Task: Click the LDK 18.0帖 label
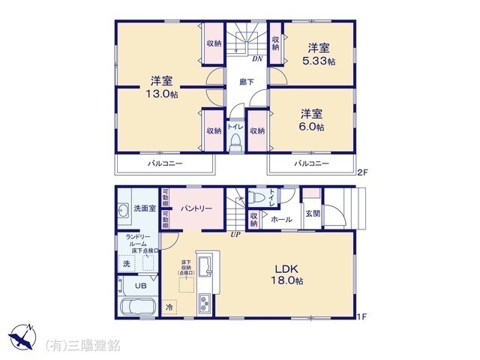coord(288,274)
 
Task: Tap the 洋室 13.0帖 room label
coord(162,88)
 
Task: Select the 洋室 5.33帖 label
coord(319,52)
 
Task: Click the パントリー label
coord(197,208)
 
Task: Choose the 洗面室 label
coord(144,207)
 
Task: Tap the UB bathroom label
coord(140,285)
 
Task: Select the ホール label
coord(281,220)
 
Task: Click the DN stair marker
coord(256,58)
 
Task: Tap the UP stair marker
coord(235,234)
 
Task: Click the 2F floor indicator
coord(362,172)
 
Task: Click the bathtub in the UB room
coord(136,307)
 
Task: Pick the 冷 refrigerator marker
coord(169,307)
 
